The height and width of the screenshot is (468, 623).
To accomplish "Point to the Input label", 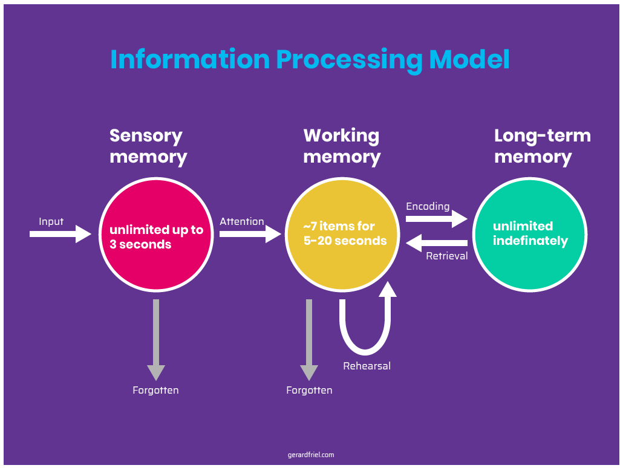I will click(51, 221).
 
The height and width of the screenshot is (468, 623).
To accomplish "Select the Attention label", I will click(241, 221).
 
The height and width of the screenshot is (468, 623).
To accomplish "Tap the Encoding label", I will click(428, 206).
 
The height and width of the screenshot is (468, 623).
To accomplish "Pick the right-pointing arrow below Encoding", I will click(436, 219).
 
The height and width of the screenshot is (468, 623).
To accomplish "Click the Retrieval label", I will click(447, 256).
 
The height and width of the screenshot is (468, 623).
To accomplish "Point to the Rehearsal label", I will click(367, 366).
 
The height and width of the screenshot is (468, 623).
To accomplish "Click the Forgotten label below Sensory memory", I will click(155, 390).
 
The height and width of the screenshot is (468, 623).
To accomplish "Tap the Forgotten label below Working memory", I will click(309, 390).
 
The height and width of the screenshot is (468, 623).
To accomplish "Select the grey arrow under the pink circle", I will click(156, 339).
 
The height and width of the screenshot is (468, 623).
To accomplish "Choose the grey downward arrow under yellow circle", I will click(309, 339).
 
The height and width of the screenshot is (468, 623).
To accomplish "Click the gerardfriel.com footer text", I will click(311, 455).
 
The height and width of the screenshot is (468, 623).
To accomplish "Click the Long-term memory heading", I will click(542, 146).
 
